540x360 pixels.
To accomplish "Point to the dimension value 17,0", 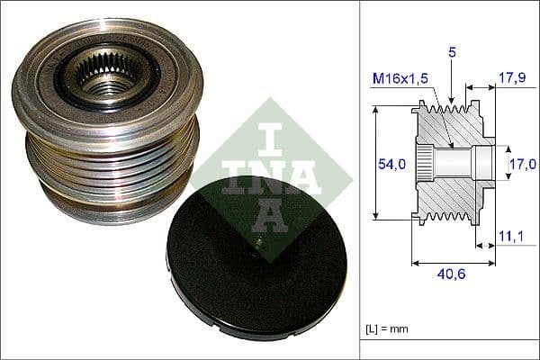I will [x=522, y=164].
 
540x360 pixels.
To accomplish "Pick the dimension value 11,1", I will [x=509, y=237].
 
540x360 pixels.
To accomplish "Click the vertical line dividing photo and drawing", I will [x=359, y=180].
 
